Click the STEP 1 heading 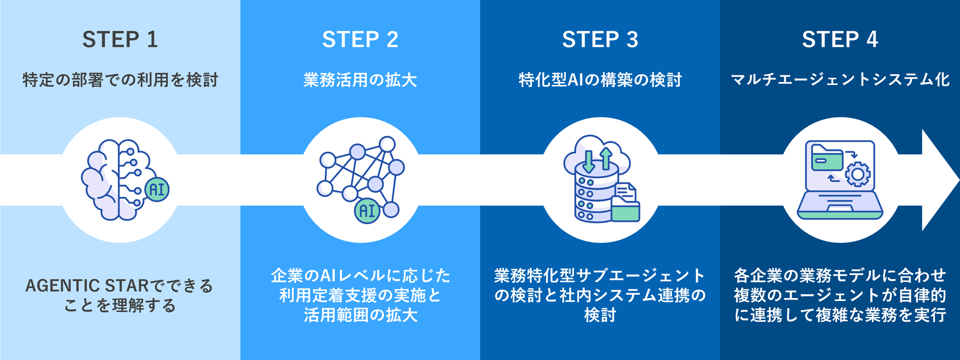(120, 39)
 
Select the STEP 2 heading (360, 39)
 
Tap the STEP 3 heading (600, 39)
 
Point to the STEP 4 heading (840, 39)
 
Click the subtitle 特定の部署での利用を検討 (120, 80)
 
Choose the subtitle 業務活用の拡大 (360, 80)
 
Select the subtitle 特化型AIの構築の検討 (600, 80)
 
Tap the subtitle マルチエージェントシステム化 (840, 80)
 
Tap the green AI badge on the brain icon (156, 189)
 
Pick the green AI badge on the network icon (367, 211)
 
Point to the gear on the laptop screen (858, 174)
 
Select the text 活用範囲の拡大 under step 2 (360, 315)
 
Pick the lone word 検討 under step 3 (600, 315)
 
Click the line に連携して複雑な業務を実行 (840, 315)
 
